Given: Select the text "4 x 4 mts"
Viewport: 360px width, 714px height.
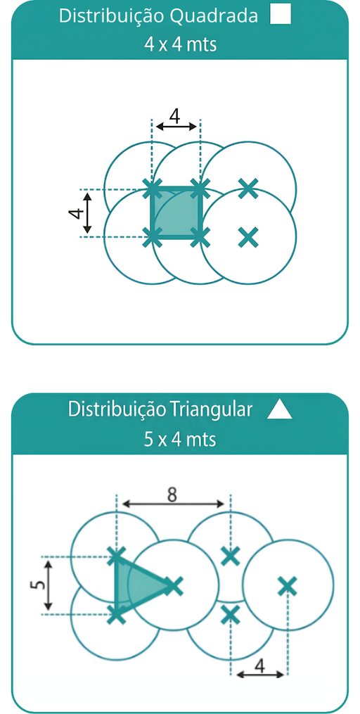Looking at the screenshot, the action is click(180, 45).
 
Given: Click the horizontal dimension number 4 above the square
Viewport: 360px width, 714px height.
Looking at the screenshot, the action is click(175, 115).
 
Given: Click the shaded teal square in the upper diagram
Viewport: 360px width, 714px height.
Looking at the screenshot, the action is click(176, 212).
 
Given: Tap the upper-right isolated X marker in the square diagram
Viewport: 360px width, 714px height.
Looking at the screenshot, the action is click(248, 188).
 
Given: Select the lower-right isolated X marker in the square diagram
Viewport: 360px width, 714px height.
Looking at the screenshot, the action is click(248, 236).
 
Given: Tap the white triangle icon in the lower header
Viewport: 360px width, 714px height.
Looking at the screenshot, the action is click(279, 410).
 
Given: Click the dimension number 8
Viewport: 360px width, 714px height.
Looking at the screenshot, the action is click(172, 495).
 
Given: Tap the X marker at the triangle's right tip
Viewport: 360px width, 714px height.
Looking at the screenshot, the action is click(172, 585).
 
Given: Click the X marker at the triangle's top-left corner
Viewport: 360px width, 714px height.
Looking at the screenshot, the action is click(117, 556).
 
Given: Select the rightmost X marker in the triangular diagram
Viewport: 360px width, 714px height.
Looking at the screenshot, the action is click(287, 586).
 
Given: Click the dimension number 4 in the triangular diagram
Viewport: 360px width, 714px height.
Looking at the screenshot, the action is click(259, 666).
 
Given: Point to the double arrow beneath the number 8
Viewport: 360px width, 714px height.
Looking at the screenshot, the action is click(174, 504).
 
